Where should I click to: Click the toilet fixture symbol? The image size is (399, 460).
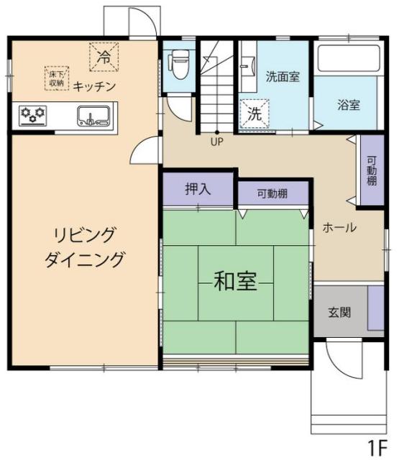point(178,64)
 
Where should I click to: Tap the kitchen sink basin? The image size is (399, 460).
point(93,116)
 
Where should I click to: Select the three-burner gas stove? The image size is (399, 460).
point(32,115)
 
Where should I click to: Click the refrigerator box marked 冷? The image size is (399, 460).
point(104,57)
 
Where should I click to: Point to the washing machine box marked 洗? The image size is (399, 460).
point(254,114)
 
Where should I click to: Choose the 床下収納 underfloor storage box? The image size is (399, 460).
point(57,78)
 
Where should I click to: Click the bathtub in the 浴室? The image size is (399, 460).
point(349,58)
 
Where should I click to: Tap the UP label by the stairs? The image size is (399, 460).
point(217,142)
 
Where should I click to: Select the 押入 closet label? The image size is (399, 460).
point(198,188)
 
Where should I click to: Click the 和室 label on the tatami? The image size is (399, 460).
point(236,281)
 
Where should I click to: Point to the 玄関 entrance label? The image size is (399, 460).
point(339,312)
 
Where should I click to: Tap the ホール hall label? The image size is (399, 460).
point(339,227)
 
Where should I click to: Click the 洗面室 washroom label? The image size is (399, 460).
point(283,76)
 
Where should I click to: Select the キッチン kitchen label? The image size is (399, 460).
point(94,86)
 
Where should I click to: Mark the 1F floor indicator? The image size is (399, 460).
point(378,448)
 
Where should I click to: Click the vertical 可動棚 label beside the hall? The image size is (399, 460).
point(372,171)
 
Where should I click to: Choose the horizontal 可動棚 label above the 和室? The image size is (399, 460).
point(272,193)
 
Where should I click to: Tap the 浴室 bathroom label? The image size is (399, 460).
point(349,105)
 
